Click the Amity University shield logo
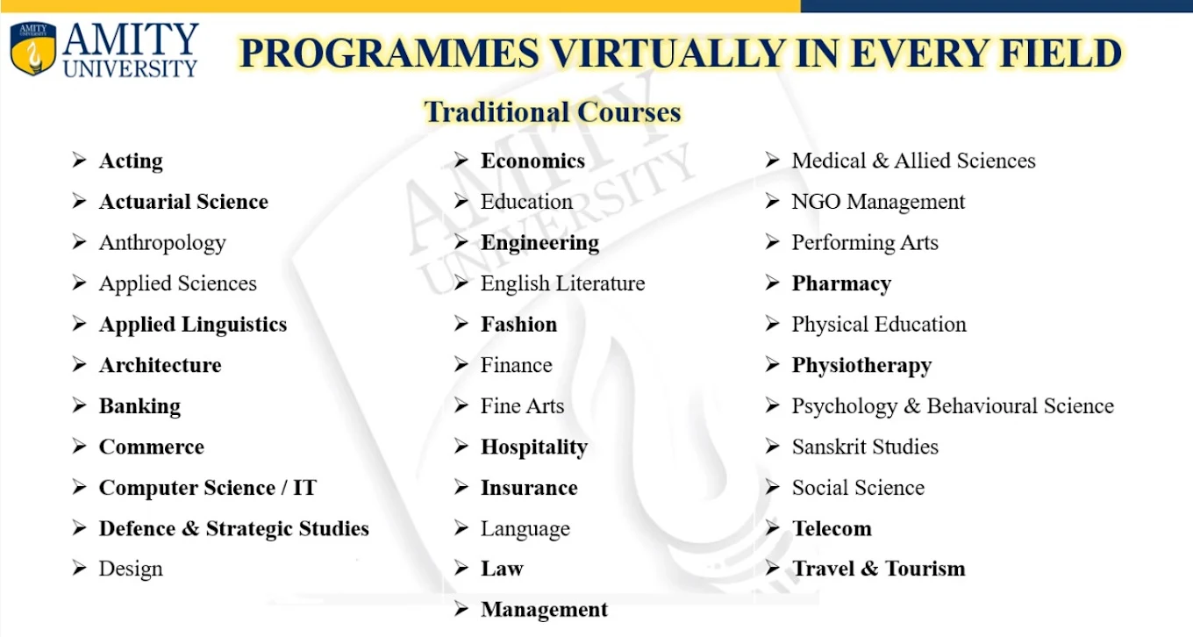[x=32, y=48]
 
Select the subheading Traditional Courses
[x=553, y=112]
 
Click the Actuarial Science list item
[x=183, y=202]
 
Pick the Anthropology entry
[x=162, y=243]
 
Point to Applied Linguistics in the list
[x=193, y=325]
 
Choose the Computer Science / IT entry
[x=207, y=488]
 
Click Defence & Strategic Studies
[x=233, y=529]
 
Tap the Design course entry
[x=131, y=569]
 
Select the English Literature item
[x=562, y=283]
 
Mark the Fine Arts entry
[x=522, y=406]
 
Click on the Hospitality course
[x=533, y=447]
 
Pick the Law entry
[x=502, y=569]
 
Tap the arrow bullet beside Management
[x=461, y=609]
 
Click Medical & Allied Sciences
[x=913, y=161]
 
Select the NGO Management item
[x=878, y=202]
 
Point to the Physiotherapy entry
[x=861, y=366]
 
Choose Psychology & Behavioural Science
[x=953, y=406]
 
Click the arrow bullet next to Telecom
[x=773, y=528]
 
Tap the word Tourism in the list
[x=925, y=569]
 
